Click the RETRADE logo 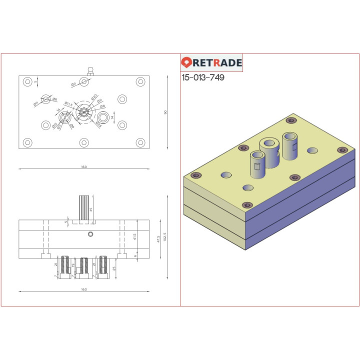(x=211, y=62)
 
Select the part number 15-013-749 (x=203, y=78)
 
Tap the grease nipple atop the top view (x=90, y=70)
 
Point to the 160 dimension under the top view (x=83, y=166)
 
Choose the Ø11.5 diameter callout (x=68, y=104)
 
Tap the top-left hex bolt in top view (x=27, y=81)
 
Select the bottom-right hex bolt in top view (x=140, y=143)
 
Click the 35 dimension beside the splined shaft (x=91, y=209)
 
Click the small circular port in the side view (x=90, y=234)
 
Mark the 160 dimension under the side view (x=83, y=289)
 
